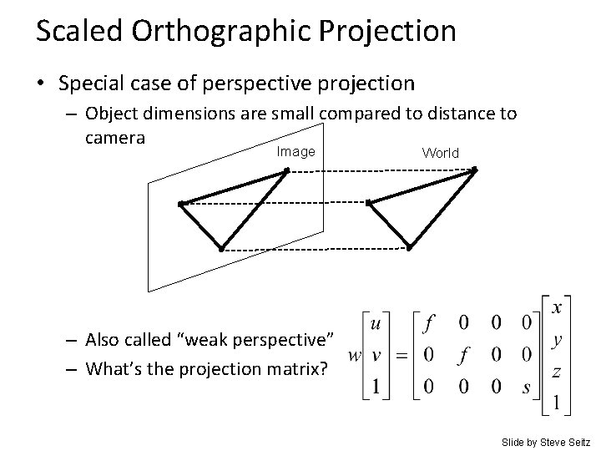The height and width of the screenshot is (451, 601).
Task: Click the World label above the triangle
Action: pyautogui.click(x=440, y=153)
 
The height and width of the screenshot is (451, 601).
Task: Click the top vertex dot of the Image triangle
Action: pyautogui.click(x=286, y=170)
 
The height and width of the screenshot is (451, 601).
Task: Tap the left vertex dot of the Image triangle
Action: pyautogui.click(x=181, y=203)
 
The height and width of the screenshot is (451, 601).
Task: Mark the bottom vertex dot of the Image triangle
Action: pyautogui.click(x=221, y=249)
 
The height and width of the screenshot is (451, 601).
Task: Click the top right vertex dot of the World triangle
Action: pyautogui.click(x=473, y=170)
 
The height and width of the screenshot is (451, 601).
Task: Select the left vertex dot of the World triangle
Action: pyautogui.click(x=369, y=202)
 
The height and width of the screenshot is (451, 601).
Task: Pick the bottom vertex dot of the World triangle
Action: pyautogui.click(x=409, y=248)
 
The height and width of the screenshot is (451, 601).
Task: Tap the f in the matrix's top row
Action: pyautogui.click(x=429, y=321)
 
